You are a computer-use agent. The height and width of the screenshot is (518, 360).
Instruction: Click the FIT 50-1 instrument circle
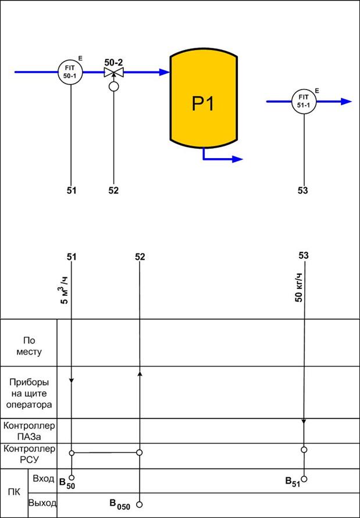tap(71, 72)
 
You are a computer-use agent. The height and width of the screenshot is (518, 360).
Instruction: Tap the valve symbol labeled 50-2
tap(113, 72)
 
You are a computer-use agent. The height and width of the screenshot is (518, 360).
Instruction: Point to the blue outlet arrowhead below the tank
tap(238, 159)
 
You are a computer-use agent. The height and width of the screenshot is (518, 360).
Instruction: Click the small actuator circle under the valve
tap(113, 87)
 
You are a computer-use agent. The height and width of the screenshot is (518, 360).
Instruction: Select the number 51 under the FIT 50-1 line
tap(71, 190)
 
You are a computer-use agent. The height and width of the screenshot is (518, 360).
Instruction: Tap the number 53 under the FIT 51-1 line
tap(302, 190)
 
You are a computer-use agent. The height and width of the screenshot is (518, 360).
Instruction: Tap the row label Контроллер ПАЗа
tap(29, 431)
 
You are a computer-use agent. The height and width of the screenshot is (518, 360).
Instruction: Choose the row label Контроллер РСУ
tap(29, 454)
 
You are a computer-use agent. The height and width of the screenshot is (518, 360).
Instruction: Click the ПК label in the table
tap(15, 493)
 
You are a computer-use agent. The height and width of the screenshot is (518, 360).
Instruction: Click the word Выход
tap(42, 503)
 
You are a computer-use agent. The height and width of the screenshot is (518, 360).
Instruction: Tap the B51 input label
tap(292, 481)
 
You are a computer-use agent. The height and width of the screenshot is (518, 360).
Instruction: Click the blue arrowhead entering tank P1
tap(165, 72)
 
